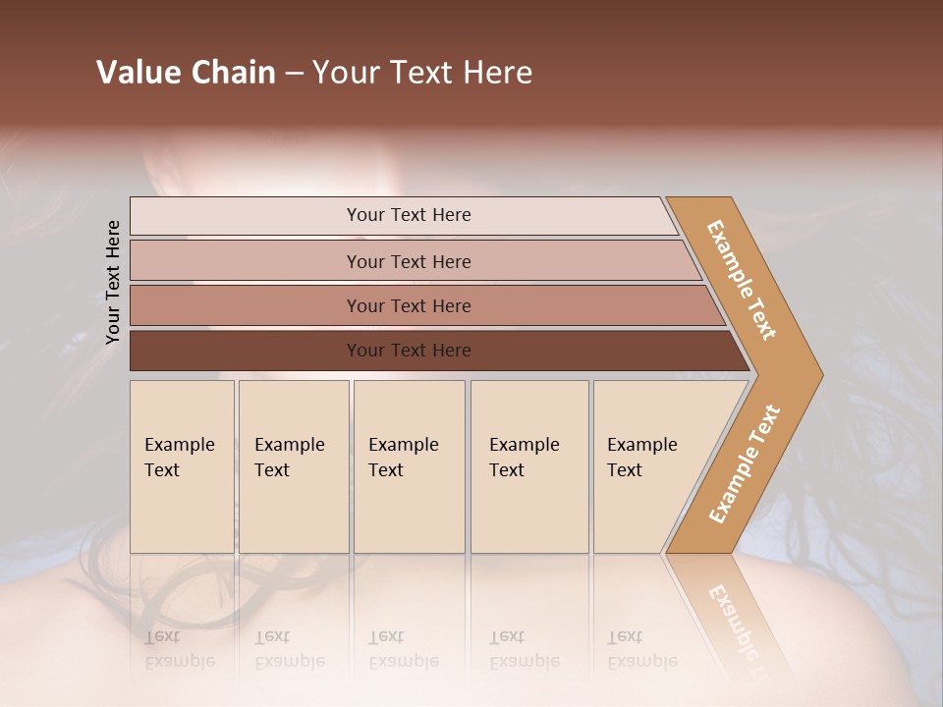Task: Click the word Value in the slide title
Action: (138, 73)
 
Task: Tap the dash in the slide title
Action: (294, 74)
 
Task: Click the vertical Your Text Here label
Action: (113, 283)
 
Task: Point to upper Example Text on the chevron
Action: (742, 280)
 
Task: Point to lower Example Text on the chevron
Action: (745, 464)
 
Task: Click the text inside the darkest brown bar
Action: (409, 351)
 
